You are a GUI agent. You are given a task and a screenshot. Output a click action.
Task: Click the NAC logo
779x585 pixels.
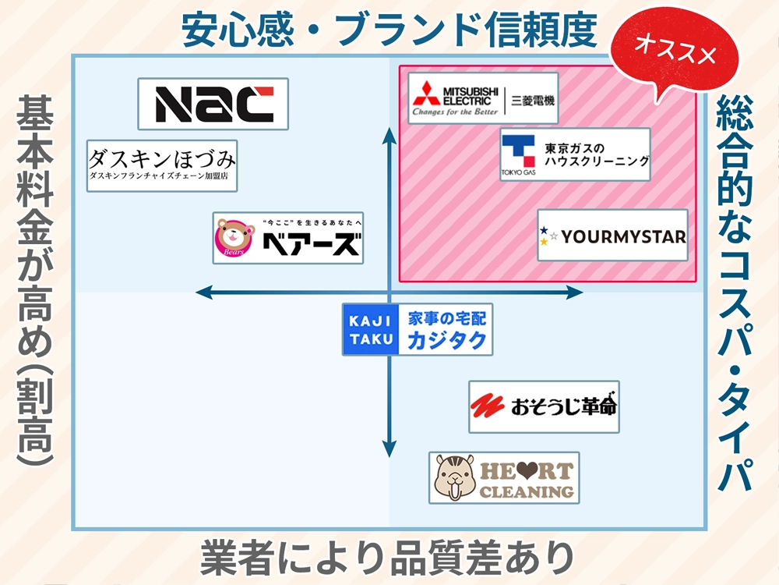point(213,104)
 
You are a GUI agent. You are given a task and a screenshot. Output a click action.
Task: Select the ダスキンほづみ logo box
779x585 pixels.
point(162,166)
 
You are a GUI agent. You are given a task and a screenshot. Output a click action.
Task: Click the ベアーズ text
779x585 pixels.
point(311,245)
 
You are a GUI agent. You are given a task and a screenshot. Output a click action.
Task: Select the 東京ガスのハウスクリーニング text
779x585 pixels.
point(596,154)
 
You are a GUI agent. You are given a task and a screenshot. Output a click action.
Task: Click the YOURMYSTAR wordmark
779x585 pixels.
point(623,236)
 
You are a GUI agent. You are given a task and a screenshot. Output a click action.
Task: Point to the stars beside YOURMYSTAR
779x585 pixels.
point(548,236)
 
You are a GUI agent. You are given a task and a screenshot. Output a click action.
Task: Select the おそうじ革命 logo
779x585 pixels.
point(544,406)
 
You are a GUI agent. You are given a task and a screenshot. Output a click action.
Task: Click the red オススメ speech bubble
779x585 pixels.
point(673,48)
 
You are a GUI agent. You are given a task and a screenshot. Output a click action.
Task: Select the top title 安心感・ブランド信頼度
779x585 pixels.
point(389,30)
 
